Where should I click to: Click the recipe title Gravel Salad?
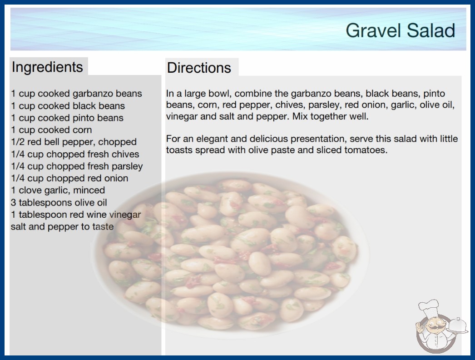click(400, 30)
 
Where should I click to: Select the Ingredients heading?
click(47, 67)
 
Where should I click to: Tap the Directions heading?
click(199, 68)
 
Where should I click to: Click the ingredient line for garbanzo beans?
click(76, 94)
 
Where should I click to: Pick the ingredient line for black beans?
click(68, 105)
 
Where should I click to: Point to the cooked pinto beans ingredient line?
click(67, 118)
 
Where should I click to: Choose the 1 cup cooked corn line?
click(51, 130)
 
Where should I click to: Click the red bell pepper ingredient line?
click(74, 142)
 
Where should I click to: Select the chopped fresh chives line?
click(75, 154)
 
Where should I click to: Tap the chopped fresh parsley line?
click(77, 166)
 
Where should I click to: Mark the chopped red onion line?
click(69, 178)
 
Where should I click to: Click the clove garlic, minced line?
click(58, 190)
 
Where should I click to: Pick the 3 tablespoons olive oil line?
click(59, 202)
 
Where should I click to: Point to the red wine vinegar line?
click(76, 215)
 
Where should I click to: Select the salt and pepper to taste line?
click(62, 226)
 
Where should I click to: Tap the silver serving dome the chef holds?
click(457, 325)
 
